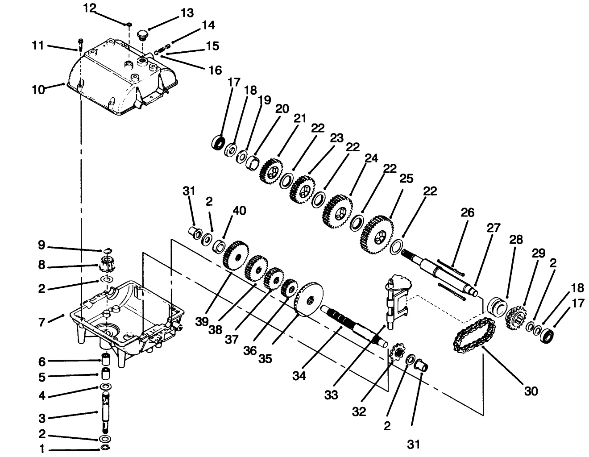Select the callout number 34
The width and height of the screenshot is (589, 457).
coord(299,376)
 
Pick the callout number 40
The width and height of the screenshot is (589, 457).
coord(239,210)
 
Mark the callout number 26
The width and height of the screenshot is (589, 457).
coord(467,212)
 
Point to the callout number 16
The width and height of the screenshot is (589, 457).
coord(215,70)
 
